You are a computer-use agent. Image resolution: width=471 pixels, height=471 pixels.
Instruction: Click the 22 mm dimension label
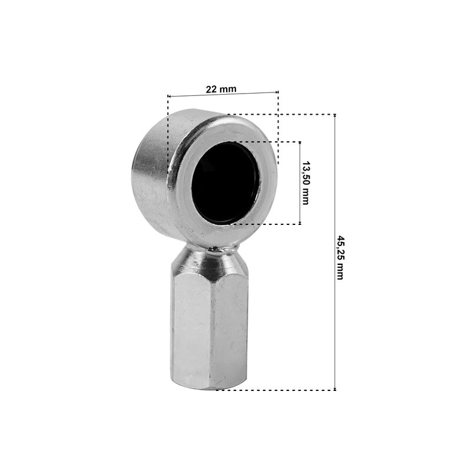pos(221,89)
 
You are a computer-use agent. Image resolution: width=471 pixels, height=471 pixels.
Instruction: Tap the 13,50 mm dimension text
pos(306,183)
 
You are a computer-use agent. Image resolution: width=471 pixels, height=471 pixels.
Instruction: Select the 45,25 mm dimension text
pos(340,258)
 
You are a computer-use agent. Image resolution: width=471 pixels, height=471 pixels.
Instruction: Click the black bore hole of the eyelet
pos(225,183)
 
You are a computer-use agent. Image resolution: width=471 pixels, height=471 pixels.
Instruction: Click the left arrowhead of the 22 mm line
pos(169,96)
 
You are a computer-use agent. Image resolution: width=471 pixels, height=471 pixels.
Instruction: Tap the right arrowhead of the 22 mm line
pos(277,92)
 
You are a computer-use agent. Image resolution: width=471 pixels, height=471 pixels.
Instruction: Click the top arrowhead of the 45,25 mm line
pos(335,116)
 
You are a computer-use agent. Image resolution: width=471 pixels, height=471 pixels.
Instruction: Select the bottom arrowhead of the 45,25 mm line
pos(335,389)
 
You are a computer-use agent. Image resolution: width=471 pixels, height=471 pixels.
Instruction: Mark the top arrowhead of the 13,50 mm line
pos(300,143)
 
